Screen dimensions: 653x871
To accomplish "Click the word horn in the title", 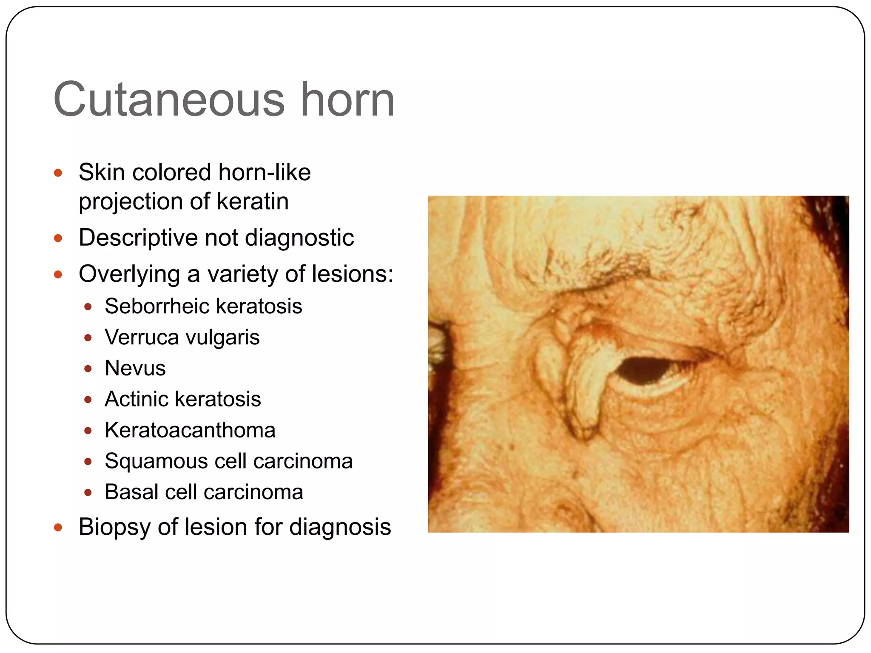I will click(x=347, y=100).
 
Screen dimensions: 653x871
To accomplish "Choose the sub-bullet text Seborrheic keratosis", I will click(x=203, y=306).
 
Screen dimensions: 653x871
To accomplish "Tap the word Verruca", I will click(x=142, y=337).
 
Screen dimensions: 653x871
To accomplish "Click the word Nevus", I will click(x=135, y=368).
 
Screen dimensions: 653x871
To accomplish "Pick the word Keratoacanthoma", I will click(x=190, y=430).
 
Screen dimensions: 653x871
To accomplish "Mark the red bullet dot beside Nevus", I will click(x=88, y=369).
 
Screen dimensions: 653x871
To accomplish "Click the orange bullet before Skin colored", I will click(x=58, y=173).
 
